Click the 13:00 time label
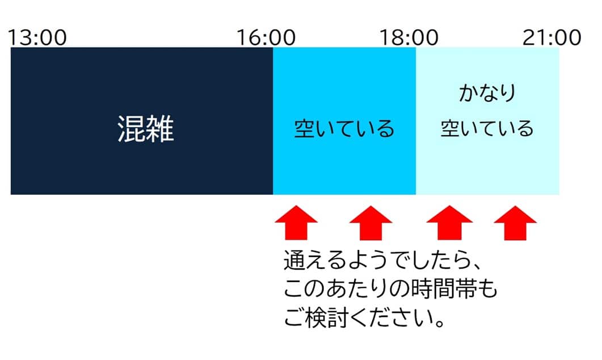tap(37, 37)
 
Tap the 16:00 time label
tap(266, 37)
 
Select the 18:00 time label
tap(409, 37)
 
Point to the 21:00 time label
tap(552, 37)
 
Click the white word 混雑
tap(146, 129)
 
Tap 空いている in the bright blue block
tap(344, 129)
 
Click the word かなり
tap(487, 93)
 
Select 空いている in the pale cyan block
tap(487, 128)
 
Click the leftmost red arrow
tap(296, 223)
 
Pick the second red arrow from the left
tap(371, 223)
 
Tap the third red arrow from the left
tap(449, 223)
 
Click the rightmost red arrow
tap(515, 223)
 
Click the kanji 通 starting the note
tap(294, 260)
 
